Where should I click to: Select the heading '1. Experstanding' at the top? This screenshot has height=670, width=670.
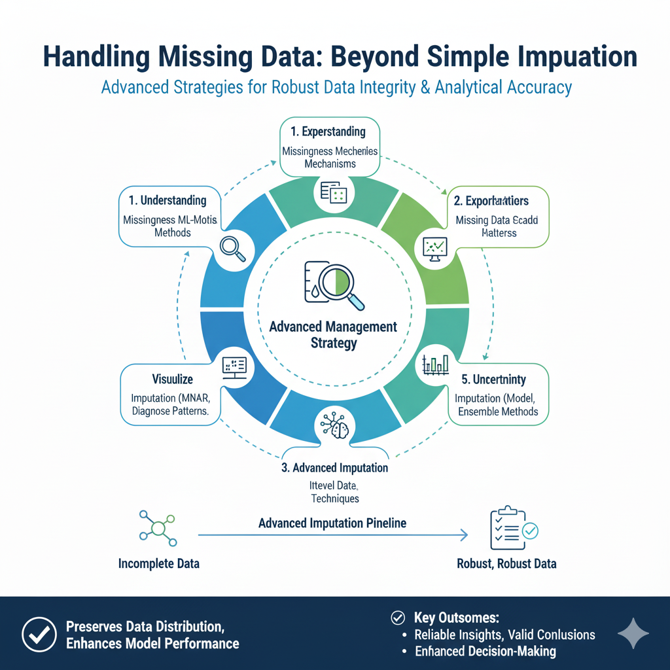coord(329,132)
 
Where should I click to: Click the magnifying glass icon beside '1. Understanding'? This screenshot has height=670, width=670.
coord(233,249)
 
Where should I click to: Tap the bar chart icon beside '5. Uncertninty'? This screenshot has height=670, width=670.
coord(435,364)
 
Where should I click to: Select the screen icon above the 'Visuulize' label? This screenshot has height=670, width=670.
coord(234,365)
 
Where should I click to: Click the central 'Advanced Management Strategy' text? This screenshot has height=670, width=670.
coord(333,334)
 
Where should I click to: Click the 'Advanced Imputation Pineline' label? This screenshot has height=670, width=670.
coord(332,523)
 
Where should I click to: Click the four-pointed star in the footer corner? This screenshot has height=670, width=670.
coord(633,633)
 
